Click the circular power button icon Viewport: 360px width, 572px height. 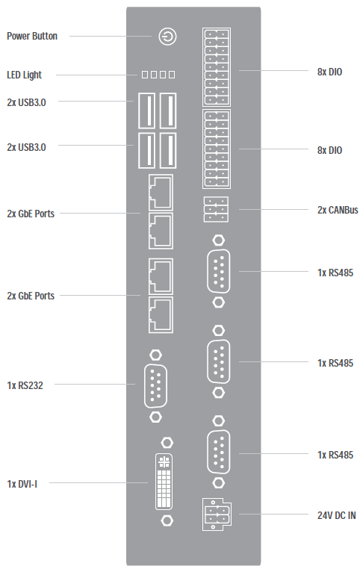(167, 37)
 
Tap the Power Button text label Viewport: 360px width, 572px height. (32, 36)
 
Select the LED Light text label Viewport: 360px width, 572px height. (24, 75)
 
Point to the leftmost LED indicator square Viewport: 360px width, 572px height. (145, 75)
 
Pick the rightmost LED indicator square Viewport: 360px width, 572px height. (172, 75)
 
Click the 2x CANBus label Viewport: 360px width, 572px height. (338, 210)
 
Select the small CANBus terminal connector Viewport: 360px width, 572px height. (217, 209)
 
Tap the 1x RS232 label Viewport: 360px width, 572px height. (25, 385)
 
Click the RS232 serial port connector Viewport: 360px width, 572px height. (156, 385)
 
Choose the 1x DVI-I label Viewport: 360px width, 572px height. (22, 484)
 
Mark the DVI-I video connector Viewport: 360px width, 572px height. (164, 482)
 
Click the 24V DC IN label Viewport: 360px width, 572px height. (336, 515)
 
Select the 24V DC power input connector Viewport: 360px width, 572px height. (217, 514)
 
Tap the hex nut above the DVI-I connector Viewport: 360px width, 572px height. (167, 443)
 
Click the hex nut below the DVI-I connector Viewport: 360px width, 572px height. (167, 520)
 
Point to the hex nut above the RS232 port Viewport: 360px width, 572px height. (156, 355)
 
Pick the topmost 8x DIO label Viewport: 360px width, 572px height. (329, 72)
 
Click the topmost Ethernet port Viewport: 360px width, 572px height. (161, 192)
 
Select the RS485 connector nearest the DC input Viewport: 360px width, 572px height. (219, 453)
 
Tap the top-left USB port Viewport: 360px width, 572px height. (146, 111)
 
